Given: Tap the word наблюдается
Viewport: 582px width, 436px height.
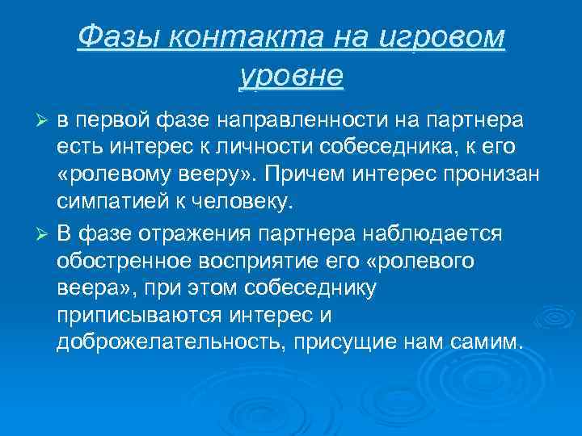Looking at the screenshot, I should click(x=433, y=233).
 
